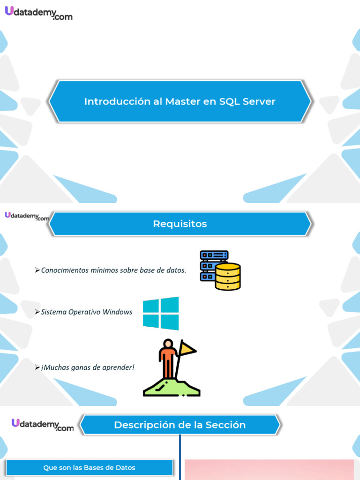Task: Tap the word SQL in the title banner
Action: (229, 101)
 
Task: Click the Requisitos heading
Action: (180, 224)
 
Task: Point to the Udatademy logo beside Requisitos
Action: (27, 216)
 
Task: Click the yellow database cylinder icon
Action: (228, 277)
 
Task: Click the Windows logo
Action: (161, 313)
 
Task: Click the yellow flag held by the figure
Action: (188, 348)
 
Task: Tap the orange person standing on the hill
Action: (167, 359)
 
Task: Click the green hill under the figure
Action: (172, 387)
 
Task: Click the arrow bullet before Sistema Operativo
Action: (37, 312)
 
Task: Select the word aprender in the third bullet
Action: (119, 367)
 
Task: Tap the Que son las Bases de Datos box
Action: (89, 467)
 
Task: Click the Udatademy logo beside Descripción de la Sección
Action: (43, 425)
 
